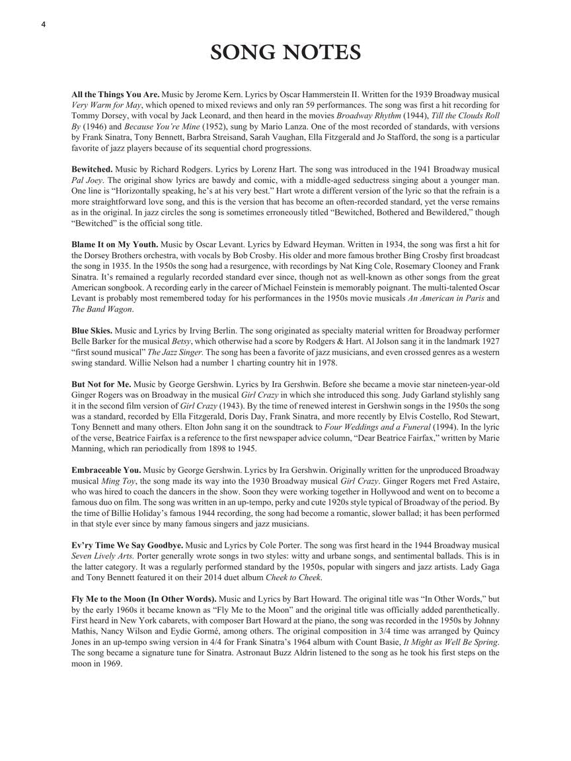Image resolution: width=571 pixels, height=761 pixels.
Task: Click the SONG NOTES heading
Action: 285,52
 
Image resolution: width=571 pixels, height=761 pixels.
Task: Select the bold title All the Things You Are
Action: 116,94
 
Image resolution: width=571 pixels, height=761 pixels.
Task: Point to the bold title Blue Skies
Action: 92,330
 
